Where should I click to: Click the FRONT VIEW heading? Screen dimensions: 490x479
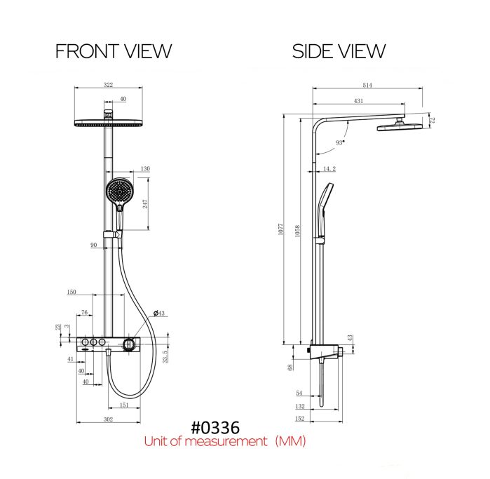[114, 51]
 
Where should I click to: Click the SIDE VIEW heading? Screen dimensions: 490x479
[339, 51]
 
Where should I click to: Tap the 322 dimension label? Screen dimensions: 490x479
[108, 85]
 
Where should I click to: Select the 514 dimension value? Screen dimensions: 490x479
[367, 85]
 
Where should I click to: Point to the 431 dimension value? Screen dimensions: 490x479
[358, 101]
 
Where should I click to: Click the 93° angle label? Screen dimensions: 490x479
[340, 142]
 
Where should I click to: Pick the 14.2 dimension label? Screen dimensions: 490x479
[329, 169]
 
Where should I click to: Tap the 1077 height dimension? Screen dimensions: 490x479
[281, 229]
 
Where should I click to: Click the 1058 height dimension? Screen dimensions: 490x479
[297, 231]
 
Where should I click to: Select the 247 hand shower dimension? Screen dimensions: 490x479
[145, 204]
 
